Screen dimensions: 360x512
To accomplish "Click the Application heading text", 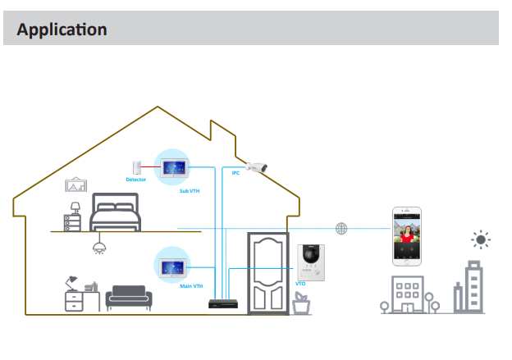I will (62, 30).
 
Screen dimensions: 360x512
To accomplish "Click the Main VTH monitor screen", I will (176, 267).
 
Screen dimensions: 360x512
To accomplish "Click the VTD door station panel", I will (312, 262).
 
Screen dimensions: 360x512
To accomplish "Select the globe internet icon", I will (341, 227).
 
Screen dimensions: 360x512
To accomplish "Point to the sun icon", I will (481, 239).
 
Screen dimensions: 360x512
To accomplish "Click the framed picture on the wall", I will (76, 185).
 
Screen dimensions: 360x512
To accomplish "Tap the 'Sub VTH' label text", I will (190, 190).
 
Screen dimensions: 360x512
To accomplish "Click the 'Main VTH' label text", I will (190, 286).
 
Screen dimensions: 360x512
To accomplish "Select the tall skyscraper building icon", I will (473, 287).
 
